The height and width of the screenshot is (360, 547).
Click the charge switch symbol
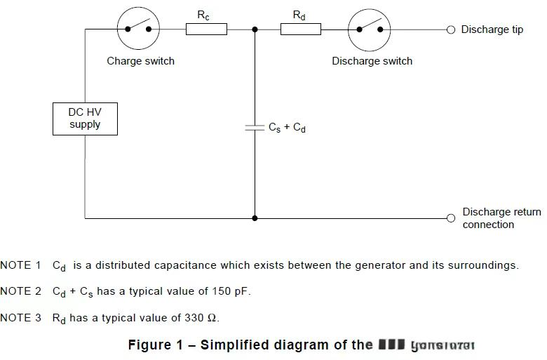tap(137, 29)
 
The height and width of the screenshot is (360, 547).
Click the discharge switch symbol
tap(370, 29)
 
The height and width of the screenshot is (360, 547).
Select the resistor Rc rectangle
tap(206, 29)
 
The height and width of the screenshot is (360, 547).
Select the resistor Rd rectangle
tap(301, 29)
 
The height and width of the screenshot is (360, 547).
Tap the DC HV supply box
tap(85, 119)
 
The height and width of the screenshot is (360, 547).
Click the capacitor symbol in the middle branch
tap(255, 128)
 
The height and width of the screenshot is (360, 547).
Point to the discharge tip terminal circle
tap(451, 29)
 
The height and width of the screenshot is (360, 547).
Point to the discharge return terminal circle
tap(451, 218)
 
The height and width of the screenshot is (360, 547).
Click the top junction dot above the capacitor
tap(255, 29)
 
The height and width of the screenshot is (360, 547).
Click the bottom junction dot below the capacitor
tap(255, 218)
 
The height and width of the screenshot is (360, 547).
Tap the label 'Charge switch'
tap(140, 61)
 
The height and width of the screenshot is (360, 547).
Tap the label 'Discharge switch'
tap(372, 61)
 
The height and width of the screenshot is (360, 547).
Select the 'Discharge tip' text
tap(492, 30)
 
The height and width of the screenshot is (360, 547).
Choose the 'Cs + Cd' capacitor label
tap(287, 128)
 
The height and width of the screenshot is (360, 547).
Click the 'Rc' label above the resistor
tap(203, 15)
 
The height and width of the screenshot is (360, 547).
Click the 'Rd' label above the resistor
tap(299, 15)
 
